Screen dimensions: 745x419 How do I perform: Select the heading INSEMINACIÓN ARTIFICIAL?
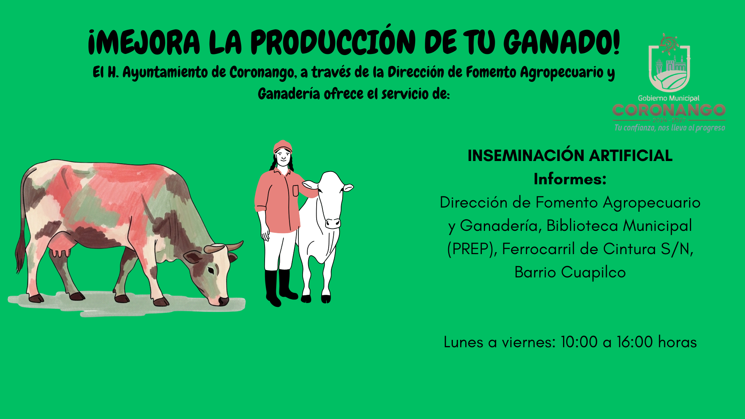(570, 156)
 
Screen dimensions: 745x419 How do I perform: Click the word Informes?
(570, 179)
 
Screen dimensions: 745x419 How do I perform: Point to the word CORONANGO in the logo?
(669, 110)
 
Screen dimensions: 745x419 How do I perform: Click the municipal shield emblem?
(669, 63)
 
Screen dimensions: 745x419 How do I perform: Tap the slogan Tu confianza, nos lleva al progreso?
(670, 128)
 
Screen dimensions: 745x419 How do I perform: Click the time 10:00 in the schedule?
(579, 342)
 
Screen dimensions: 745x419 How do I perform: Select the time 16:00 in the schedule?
(635, 342)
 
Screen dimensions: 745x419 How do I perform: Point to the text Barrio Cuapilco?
(570, 273)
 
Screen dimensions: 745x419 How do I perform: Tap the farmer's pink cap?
(282, 147)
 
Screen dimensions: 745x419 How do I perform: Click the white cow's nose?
(333, 223)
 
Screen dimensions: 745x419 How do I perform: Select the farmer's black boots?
(280, 287)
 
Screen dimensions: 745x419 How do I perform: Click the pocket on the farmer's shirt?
(296, 191)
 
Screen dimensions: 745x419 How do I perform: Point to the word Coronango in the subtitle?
(261, 73)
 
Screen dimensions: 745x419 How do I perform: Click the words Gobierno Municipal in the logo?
(669, 98)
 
